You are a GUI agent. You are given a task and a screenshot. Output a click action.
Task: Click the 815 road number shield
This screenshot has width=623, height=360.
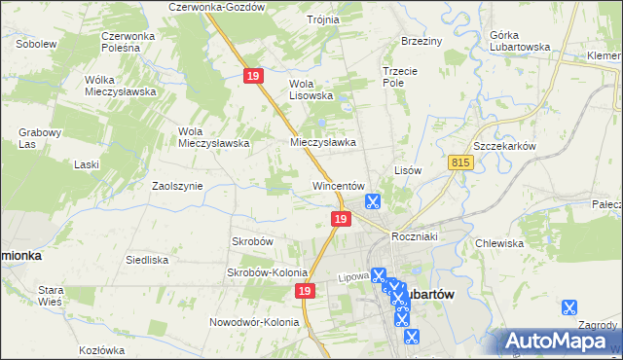(461, 166)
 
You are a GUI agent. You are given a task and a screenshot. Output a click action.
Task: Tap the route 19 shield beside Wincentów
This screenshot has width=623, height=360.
(339, 220)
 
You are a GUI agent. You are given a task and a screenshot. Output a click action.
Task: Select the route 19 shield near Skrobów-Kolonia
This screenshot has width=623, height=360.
(306, 291)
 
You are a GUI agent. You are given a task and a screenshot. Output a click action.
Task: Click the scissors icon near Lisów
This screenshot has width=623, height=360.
(372, 202)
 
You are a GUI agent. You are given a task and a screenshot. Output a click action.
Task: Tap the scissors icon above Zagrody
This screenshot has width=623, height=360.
(569, 307)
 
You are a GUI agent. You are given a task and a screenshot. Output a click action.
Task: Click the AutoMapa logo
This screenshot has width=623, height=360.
(558, 342)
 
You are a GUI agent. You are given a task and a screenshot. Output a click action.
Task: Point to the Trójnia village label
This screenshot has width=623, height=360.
(322, 19)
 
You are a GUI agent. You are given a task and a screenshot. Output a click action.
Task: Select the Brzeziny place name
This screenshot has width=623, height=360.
(421, 42)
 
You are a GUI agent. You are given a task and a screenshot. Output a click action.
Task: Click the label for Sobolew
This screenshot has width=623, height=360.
(35, 44)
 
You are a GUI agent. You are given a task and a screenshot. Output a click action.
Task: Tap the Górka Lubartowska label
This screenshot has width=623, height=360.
(516, 41)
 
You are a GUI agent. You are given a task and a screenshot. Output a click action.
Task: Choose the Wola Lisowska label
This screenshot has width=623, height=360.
(311, 90)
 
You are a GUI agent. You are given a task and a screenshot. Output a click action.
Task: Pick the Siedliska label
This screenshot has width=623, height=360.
(147, 260)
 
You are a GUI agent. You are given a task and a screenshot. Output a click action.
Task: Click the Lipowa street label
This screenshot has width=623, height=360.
(352, 275)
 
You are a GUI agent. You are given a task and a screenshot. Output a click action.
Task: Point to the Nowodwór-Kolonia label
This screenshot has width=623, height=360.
(252, 322)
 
